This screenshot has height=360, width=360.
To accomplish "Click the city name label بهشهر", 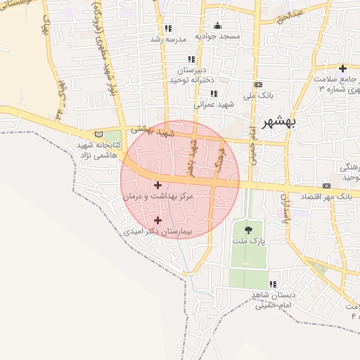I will pos(279,122).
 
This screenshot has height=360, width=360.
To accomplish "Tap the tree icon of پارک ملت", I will pos(247,229).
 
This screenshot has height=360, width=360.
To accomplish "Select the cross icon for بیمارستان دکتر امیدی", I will pos(157,220).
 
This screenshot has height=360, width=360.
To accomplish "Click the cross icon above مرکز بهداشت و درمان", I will pos(157,185).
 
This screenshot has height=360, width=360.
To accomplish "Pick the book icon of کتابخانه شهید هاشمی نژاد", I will pos(98,134).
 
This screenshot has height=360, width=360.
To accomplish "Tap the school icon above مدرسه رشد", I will pos(167,29).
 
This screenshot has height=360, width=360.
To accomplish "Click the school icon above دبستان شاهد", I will pos(273,285).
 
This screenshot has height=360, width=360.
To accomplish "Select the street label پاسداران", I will pos(285,212).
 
